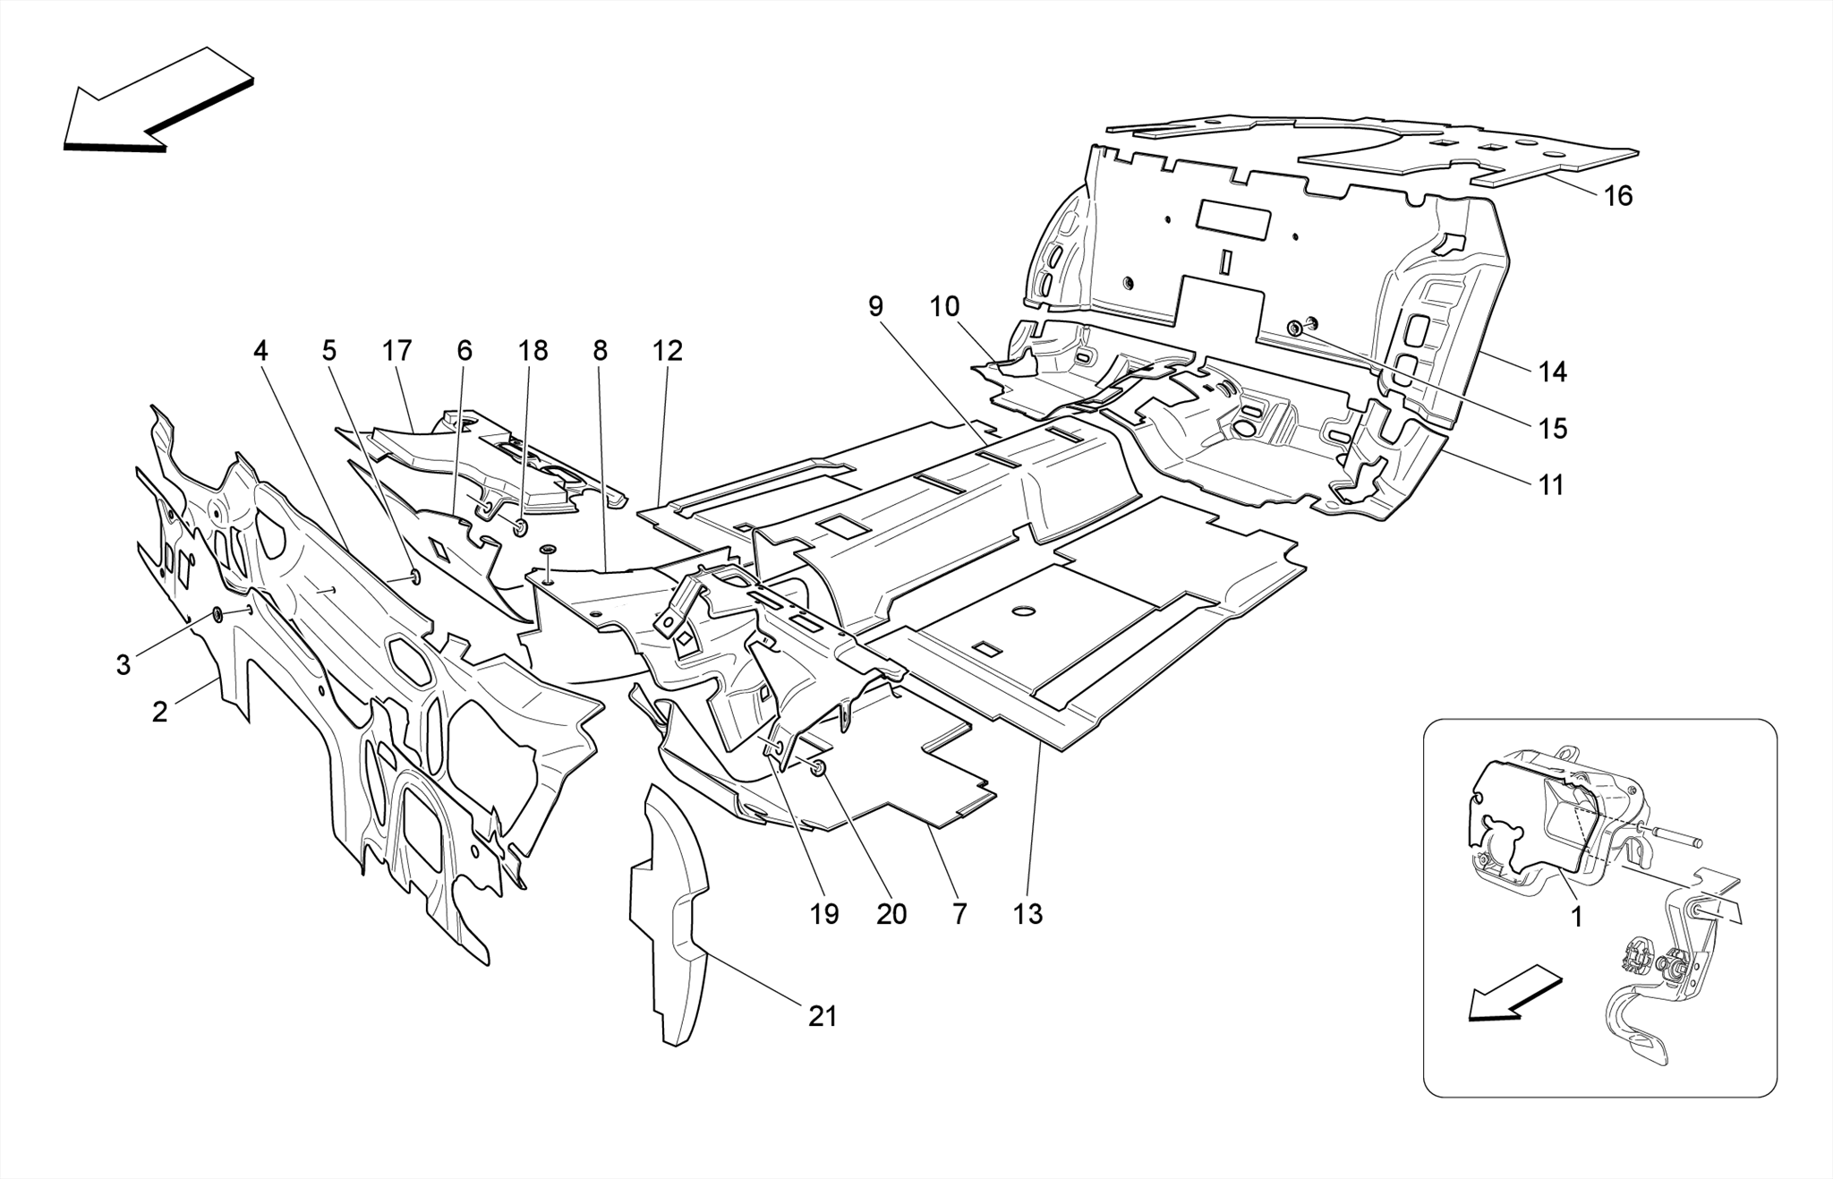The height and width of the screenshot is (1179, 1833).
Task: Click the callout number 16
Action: coord(1617,195)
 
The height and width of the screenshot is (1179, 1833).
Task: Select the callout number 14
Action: coord(1553,372)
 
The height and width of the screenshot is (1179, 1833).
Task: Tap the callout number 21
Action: coord(823,1016)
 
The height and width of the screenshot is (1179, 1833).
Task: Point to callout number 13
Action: coord(1027,914)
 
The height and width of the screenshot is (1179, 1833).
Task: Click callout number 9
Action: coord(874,306)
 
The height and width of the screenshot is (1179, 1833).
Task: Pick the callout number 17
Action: coord(396,350)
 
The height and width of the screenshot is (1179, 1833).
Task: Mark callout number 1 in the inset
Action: coord(1576,917)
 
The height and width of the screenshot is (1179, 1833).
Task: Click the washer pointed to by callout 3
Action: coord(217,614)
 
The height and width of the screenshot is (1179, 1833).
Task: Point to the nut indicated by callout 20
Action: coord(817,767)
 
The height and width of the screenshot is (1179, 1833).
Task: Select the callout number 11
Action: coord(1550,485)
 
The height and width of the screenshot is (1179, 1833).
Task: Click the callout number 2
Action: coord(159,713)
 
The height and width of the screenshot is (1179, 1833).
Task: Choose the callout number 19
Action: coord(824,914)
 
